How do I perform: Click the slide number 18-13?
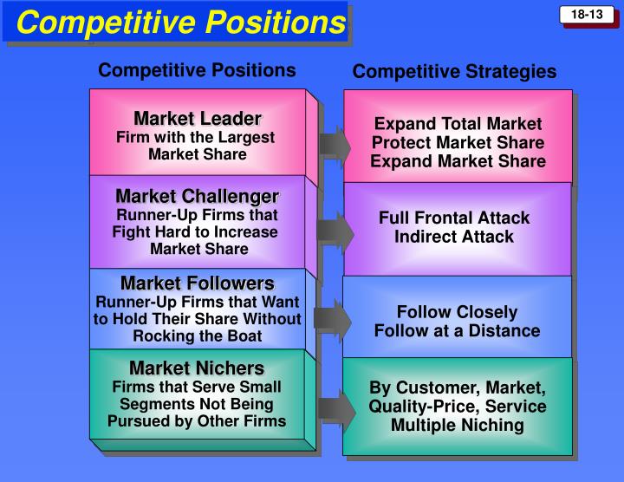587,15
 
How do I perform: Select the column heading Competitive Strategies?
454,72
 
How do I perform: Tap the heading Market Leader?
198,118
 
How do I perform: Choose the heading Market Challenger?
198,197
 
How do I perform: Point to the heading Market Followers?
198,283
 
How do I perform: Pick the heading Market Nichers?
197,368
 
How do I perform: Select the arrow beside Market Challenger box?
335,230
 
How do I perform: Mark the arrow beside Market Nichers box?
334,409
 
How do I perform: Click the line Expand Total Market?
458,124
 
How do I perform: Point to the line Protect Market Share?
458,143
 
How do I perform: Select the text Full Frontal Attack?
454,218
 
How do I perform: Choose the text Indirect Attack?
454,237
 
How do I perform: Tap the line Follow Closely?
457,312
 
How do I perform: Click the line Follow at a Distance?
457,330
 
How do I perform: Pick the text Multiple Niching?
458,425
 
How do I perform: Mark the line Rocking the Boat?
198,335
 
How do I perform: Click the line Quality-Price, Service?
458,407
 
